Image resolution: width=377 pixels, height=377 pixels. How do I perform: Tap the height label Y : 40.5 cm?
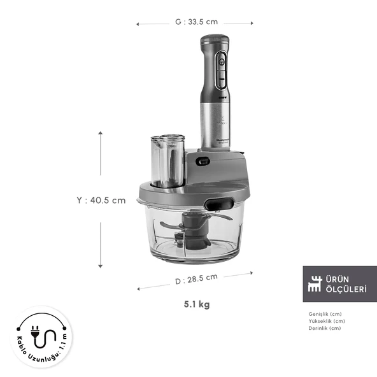[x=101, y=200]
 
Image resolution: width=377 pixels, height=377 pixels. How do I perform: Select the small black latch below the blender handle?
[x=203, y=161]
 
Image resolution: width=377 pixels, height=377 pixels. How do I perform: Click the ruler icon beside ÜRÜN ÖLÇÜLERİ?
[x=315, y=284]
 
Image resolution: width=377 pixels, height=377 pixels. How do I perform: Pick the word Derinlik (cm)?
[x=324, y=328]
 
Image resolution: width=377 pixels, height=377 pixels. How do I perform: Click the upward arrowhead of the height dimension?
[x=100, y=133]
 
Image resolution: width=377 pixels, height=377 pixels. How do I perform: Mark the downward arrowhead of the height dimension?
[x=100, y=266]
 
